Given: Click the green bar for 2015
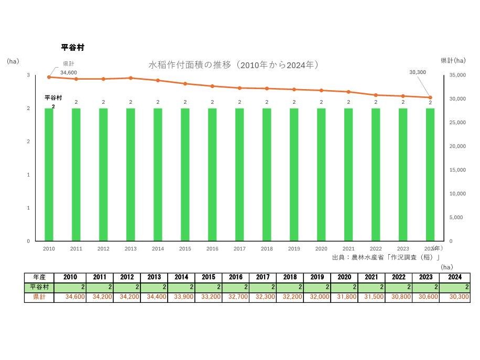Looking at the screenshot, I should tap(185, 174).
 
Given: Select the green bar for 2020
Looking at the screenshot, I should tap(321, 174).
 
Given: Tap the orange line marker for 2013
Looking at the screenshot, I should tap(130, 78).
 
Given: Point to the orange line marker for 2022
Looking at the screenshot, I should tap(376, 95).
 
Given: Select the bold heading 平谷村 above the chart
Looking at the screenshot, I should tap(73, 48).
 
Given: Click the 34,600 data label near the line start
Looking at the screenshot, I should tap(69, 72).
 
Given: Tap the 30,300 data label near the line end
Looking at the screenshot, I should tap(418, 72).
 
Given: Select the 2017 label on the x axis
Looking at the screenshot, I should tap(239, 249).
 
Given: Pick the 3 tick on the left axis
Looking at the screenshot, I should tap(28, 75).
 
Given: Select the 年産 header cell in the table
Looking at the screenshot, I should tap(39, 277).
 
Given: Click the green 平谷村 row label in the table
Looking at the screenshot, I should tap(39, 287).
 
